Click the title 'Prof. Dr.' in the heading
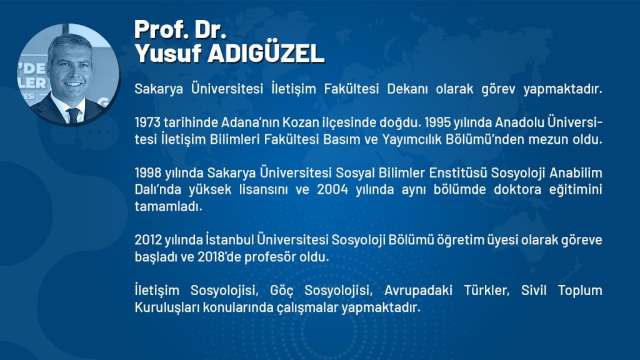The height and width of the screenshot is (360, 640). click(180, 29)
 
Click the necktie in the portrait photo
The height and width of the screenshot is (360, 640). click(74, 116)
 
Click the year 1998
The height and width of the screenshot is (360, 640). click(148, 172)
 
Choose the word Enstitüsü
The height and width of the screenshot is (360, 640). click(458, 172)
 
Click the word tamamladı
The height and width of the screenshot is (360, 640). click(168, 206)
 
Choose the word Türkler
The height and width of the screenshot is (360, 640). click(486, 290)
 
